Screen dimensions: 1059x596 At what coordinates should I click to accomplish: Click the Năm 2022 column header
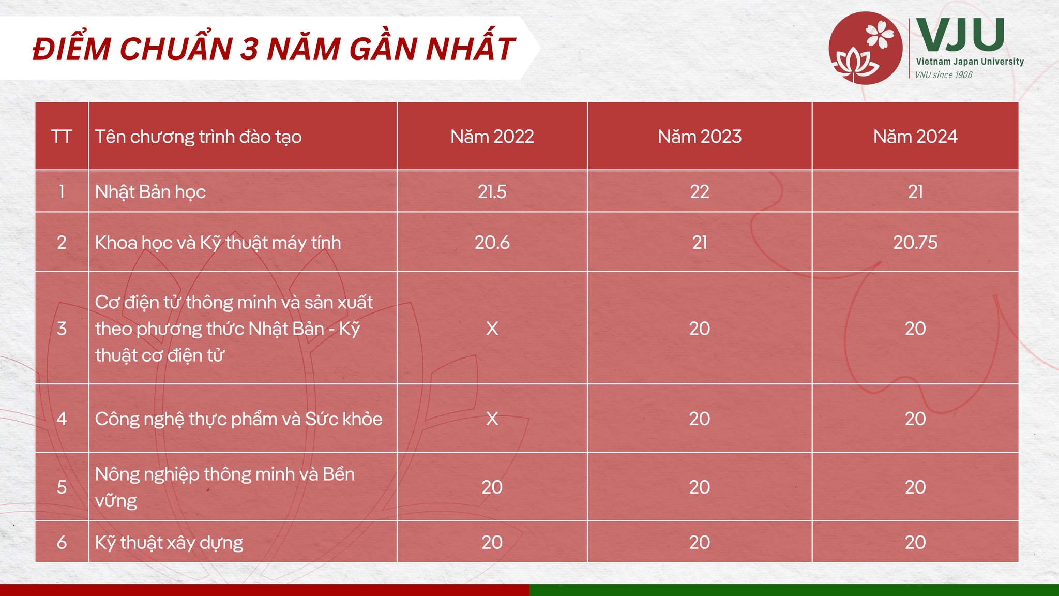pyautogui.click(x=492, y=137)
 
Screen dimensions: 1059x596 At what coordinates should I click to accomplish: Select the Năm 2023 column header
pyautogui.click(x=700, y=137)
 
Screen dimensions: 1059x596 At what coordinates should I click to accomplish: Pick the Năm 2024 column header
pyautogui.click(x=915, y=137)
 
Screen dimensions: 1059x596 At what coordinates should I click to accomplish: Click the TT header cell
pyautogui.click(x=62, y=137)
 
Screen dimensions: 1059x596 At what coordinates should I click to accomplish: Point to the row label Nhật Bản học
pyautogui.click(x=150, y=192)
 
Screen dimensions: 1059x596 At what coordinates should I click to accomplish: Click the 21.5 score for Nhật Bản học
pyautogui.click(x=492, y=192)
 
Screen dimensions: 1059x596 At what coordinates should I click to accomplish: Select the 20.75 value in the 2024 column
pyautogui.click(x=915, y=243)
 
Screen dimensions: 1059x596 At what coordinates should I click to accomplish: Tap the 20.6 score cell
pyautogui.click(x=492, y=243)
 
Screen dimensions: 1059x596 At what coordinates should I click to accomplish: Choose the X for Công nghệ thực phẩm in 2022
pyautogui.click(x=492, y=419)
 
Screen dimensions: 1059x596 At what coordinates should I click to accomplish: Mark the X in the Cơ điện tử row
pyautogui.click(x=492, y=329)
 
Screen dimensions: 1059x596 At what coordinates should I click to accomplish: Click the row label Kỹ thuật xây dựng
pyautogui.click(x=169, y=543)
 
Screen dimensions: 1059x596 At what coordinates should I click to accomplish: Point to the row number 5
pyautogui.click(x=62, y=487)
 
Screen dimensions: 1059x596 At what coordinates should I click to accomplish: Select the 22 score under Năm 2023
pyautogui.click(x=700, y=192)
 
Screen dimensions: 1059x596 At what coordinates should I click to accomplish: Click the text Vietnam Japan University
pyautogui.click(x=970, y=62)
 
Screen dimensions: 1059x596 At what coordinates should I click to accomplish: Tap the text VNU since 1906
pyautogui.click(x=944, y=75)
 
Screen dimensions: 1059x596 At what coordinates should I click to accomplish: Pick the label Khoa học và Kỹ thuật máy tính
pyautogui.click(x=218, y=243)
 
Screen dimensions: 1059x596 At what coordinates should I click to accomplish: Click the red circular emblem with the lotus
pyautogui.click(x=865, y=48)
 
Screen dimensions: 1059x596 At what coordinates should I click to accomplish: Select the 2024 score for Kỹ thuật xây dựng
pyautogui.click(x=915, y=542)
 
